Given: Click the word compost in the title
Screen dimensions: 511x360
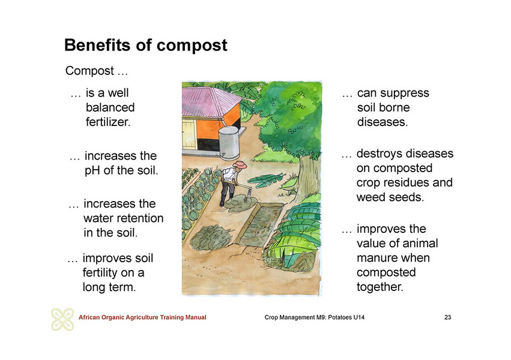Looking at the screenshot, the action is click(192, 46).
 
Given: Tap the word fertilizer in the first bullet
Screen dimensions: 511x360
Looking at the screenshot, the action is click(108, 122).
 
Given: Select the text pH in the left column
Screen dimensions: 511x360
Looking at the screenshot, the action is click(92, 170).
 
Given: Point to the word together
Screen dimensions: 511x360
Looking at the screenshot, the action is click(379, 287).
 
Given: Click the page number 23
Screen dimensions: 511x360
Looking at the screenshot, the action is click(448, 317).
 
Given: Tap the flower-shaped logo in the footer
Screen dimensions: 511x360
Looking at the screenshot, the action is click(62, 319).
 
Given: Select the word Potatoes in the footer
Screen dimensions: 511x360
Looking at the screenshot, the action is click(339, 317).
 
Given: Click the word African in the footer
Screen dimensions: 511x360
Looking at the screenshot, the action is click(89, 317).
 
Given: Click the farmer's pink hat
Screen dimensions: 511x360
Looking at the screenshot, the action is click(240, 164).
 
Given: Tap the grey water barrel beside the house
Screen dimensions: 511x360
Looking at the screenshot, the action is click(229, 143).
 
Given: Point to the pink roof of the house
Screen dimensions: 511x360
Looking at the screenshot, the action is click(210, 102).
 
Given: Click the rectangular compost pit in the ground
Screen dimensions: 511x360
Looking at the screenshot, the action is click(259, 223).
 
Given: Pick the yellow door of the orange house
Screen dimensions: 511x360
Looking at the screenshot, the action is click(189, 134).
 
